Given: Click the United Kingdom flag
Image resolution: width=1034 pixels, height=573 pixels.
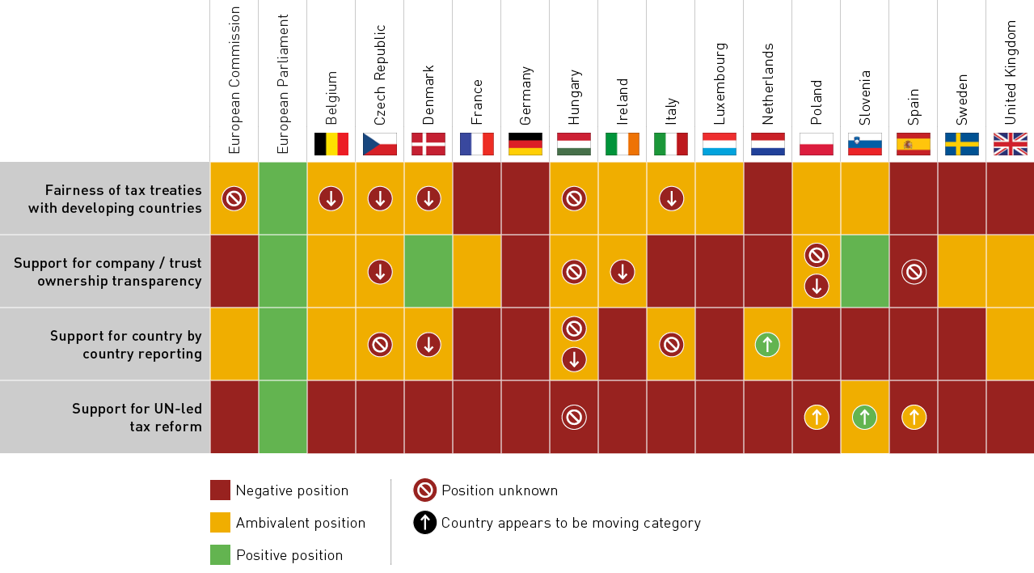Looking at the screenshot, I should point(1010,144).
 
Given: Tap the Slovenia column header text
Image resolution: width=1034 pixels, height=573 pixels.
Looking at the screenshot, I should point(865,97).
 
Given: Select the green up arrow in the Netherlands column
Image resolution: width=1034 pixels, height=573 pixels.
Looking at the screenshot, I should point(767,345).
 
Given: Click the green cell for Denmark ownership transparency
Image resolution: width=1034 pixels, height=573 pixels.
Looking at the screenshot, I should point(428,271).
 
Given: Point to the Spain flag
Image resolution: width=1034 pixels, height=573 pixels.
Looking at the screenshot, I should point(914,144).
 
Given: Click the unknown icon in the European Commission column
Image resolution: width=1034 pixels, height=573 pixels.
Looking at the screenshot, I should point(234,198).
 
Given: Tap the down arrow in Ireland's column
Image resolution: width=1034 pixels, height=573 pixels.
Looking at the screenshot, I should point(623,272).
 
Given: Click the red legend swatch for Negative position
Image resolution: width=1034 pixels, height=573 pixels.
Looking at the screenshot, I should point(220,490).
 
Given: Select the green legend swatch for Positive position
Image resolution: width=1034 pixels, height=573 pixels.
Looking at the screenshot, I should point(220,555).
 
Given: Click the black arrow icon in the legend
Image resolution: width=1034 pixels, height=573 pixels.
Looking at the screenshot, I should point(424,523).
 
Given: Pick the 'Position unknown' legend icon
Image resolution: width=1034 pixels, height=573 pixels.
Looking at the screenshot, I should point(424,490).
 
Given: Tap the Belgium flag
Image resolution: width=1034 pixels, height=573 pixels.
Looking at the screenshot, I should point(331,144).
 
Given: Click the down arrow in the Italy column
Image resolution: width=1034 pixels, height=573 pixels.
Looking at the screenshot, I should point(671,198).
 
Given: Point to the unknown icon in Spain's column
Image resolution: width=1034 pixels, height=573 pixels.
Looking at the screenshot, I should point(914,272).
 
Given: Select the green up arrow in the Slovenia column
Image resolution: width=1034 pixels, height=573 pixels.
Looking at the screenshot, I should point(864,418).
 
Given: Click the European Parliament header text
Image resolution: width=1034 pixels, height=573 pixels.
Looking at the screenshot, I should point(283,83).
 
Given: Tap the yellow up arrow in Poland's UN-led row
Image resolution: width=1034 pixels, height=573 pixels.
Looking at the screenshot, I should point(817,418).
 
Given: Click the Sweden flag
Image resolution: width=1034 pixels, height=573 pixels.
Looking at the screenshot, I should point(962,144).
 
